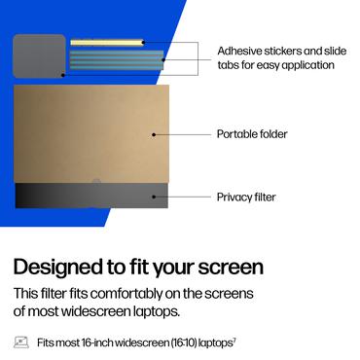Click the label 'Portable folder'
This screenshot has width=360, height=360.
[252, 133]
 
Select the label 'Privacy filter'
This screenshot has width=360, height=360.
[246, 197]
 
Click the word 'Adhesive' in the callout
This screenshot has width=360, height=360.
[238, 51]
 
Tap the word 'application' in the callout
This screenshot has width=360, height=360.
[303, 65]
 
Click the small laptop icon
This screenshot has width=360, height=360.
[20, 342]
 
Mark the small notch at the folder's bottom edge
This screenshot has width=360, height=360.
[92, 182]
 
